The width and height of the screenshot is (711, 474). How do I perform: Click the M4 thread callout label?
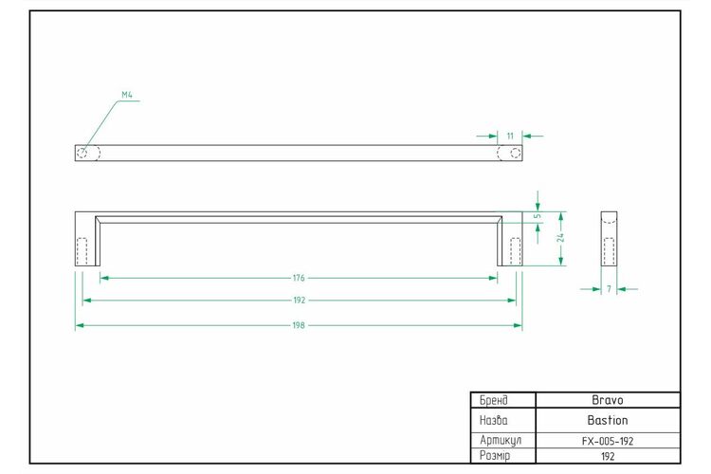click(127, 95)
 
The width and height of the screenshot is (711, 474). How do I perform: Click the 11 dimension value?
click(510, 136)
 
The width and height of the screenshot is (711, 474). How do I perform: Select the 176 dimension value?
click(299, 278)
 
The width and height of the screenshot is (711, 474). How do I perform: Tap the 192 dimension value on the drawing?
click(299, 300)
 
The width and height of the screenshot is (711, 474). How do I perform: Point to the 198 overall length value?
click(299, 325)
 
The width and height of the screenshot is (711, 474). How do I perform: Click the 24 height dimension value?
click(561, 237)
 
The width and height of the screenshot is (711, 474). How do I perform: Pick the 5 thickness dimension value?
click(538, 216)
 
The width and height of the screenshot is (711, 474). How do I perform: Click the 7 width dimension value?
click(609, 288)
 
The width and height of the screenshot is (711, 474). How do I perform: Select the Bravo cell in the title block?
click(608, 400)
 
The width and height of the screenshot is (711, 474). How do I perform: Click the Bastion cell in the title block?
click(608, 420)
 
